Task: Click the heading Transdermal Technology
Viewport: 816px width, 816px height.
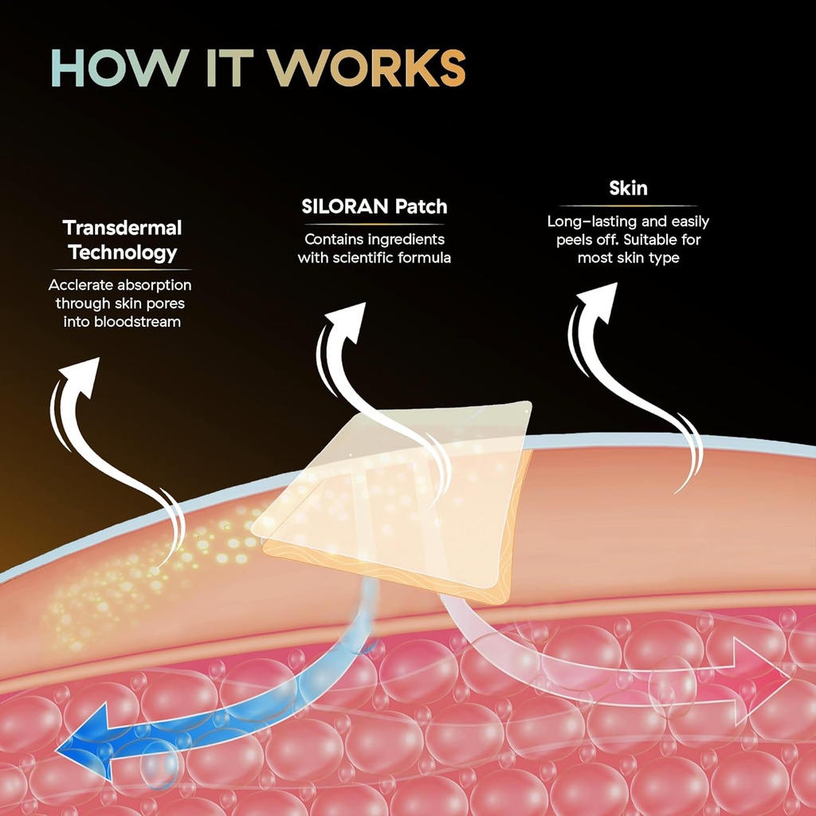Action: click(123, 240)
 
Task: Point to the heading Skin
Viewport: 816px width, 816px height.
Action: click(628, 188)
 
